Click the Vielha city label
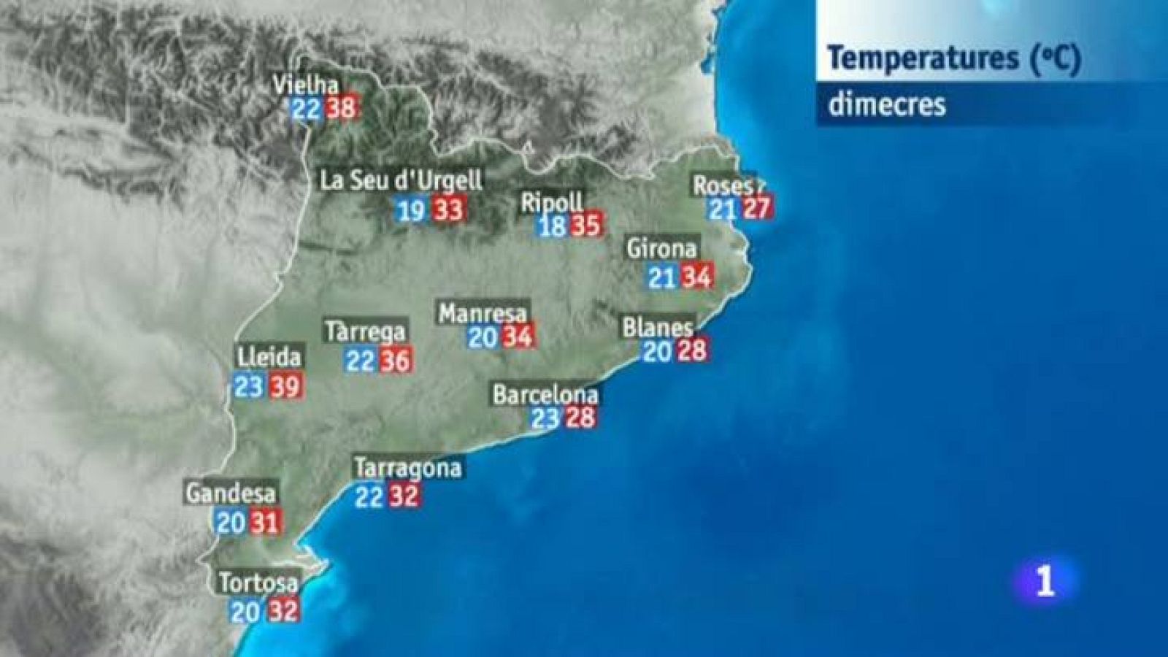[x=306, y=85]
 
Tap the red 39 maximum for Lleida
[x=285, y=385]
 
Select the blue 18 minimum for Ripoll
[x=553, y=226]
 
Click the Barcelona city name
[x=545, y=395]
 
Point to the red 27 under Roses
[x=756, y=210]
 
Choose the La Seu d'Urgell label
[x=401, y=181]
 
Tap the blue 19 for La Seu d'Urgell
[x=411, y=211]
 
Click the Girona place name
[x=661, y=249]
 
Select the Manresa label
[x=483, y=314]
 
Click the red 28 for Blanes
[x=691, y=350]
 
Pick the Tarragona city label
[x=408, y=467]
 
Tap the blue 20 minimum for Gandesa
[x=231, y=523]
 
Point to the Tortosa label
[x=258, y=583]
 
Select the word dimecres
[x=887, y=104]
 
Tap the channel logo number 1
[x=1046, y=582]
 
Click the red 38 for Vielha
[x=341, y=109]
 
